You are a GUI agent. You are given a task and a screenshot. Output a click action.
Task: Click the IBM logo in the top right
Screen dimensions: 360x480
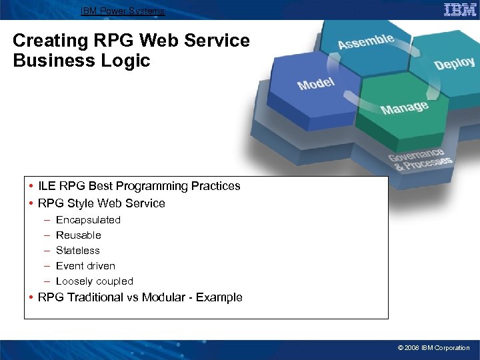tap(459, 9)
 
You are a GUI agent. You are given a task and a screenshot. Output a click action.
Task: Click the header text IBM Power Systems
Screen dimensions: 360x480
tap(122, 11)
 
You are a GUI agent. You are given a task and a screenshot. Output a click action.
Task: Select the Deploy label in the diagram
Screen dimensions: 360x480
tap(454, 63)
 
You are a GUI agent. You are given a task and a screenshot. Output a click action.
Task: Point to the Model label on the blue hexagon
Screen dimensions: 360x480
tap(316, 84)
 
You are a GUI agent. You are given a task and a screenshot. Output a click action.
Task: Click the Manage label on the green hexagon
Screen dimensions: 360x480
tap(404, 107)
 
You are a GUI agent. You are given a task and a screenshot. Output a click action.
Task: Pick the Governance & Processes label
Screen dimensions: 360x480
tap(420, 158)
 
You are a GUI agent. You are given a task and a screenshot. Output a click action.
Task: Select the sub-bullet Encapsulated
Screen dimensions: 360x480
tap(88, 220)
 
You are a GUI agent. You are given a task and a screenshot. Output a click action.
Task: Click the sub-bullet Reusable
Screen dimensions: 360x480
tap(79, 235)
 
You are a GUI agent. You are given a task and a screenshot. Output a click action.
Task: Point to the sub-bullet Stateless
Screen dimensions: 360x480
tap(77, 251)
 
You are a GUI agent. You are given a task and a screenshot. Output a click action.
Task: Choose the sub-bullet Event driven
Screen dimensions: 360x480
tap(85, 266)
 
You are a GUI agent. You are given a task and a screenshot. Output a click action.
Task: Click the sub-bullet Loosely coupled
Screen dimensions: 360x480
tap(94, 281)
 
